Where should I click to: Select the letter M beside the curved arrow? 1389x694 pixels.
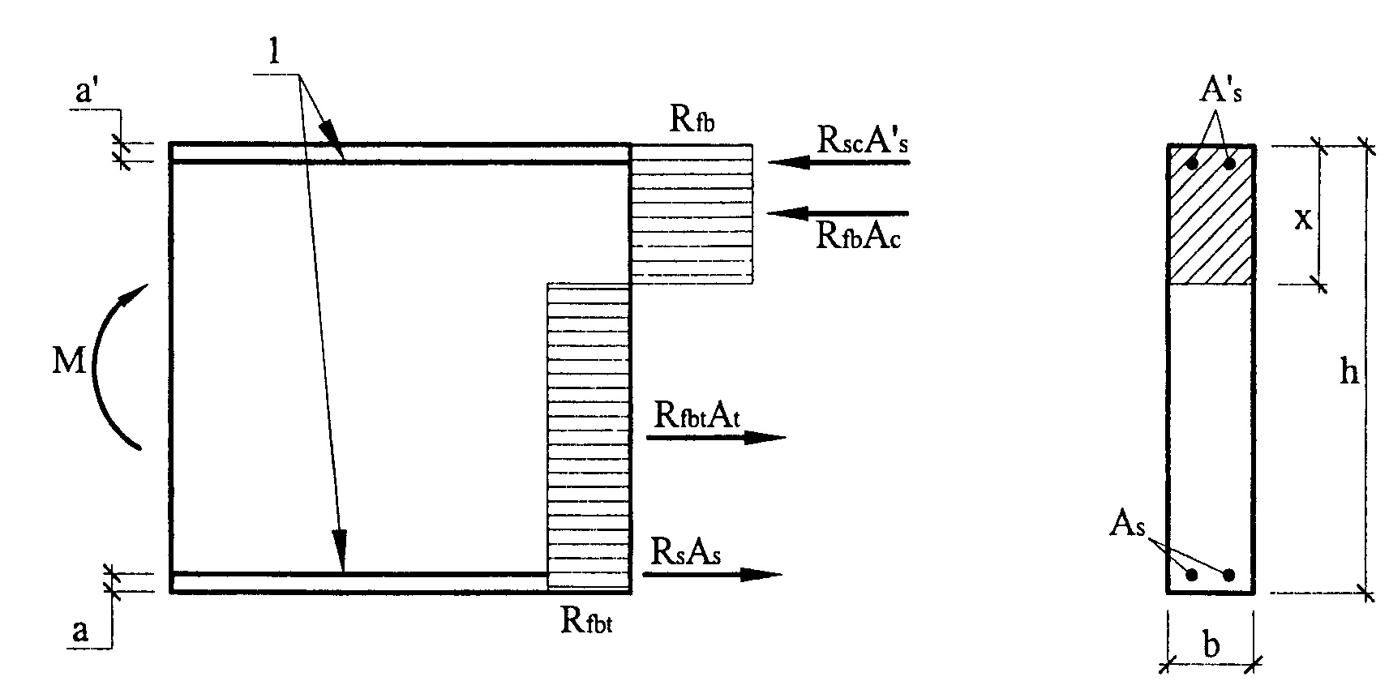click(68, 362)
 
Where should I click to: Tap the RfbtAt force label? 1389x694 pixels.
click(699, 415)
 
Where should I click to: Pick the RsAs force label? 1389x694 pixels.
click(685, 552)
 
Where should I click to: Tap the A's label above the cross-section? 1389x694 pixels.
click(1220, 92)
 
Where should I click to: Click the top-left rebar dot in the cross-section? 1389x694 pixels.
click(1192, 163)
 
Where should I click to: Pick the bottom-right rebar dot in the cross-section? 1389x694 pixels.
click(1228, 575)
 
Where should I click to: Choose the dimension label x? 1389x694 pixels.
click(1302, 218)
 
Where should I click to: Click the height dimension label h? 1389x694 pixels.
click(1348, 372)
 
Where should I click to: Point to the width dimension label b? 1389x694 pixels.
click(1211, 646)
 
